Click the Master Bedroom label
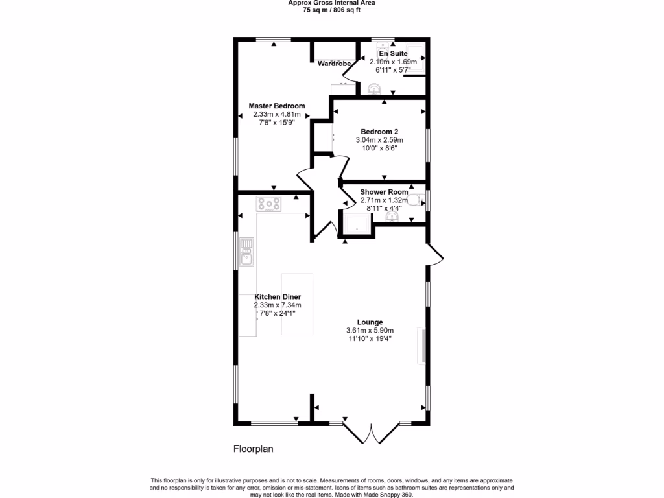277,106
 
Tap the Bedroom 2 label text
379,131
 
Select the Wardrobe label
334,64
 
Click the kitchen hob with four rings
269,204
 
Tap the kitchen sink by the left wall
247,252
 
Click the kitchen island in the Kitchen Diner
297,304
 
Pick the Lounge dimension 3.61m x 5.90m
370,330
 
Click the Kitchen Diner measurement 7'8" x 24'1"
278,313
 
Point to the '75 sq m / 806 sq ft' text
331,10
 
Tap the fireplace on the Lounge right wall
423,346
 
